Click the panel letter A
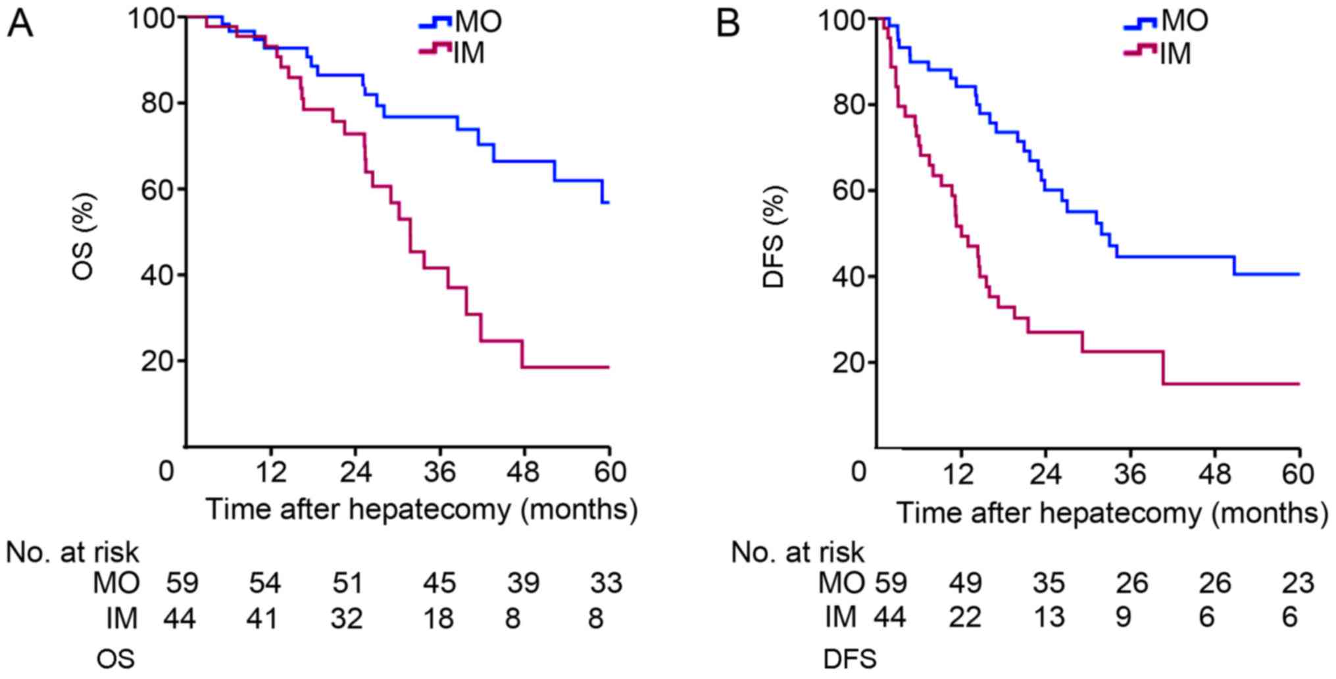click(x=20, y=24)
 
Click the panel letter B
click(x=728, y=24)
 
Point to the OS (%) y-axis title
click(x=84, y=235)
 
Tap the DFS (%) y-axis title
click(x=774, y=237)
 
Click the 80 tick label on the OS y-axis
click(x=158, y=103)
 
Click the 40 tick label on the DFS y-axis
click(x=849, y=277)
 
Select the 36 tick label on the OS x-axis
click(x=439, y=472)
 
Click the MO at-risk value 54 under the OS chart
click(x=264, y=583)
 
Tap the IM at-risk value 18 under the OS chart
click(x=439, y=618)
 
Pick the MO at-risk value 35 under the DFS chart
click(x=1049, y=583)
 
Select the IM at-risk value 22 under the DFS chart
click(x=964, y=618)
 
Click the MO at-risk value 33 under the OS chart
click(x=606, y=583)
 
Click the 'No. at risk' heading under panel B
click(x=797, y=553)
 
